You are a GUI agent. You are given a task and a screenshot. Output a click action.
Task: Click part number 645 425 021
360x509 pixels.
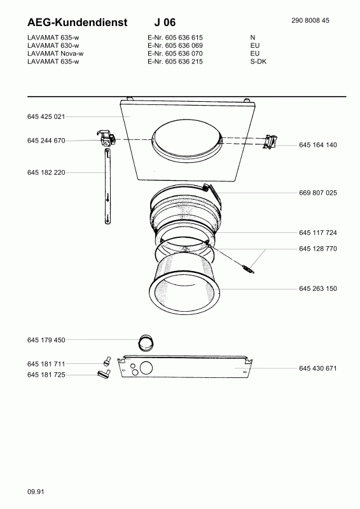(46, 116)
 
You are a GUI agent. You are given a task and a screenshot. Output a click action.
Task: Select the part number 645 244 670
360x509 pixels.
(46, 141)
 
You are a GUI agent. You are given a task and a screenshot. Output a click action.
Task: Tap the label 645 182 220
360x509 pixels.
(46, 172)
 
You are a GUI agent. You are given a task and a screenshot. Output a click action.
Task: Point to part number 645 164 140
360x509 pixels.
(318, 145)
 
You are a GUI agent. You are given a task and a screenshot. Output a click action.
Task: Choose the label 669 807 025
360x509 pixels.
(318, 193)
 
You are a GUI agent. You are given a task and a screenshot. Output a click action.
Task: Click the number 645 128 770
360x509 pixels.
(318, 249)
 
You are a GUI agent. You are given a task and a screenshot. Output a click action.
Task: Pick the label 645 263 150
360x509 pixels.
(318, 288)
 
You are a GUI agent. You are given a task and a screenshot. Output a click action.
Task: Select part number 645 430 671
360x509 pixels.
(318, 368)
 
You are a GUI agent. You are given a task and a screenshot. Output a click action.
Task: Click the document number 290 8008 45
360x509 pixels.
(310, 20)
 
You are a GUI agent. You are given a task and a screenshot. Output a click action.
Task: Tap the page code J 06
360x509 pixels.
(165, 22)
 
